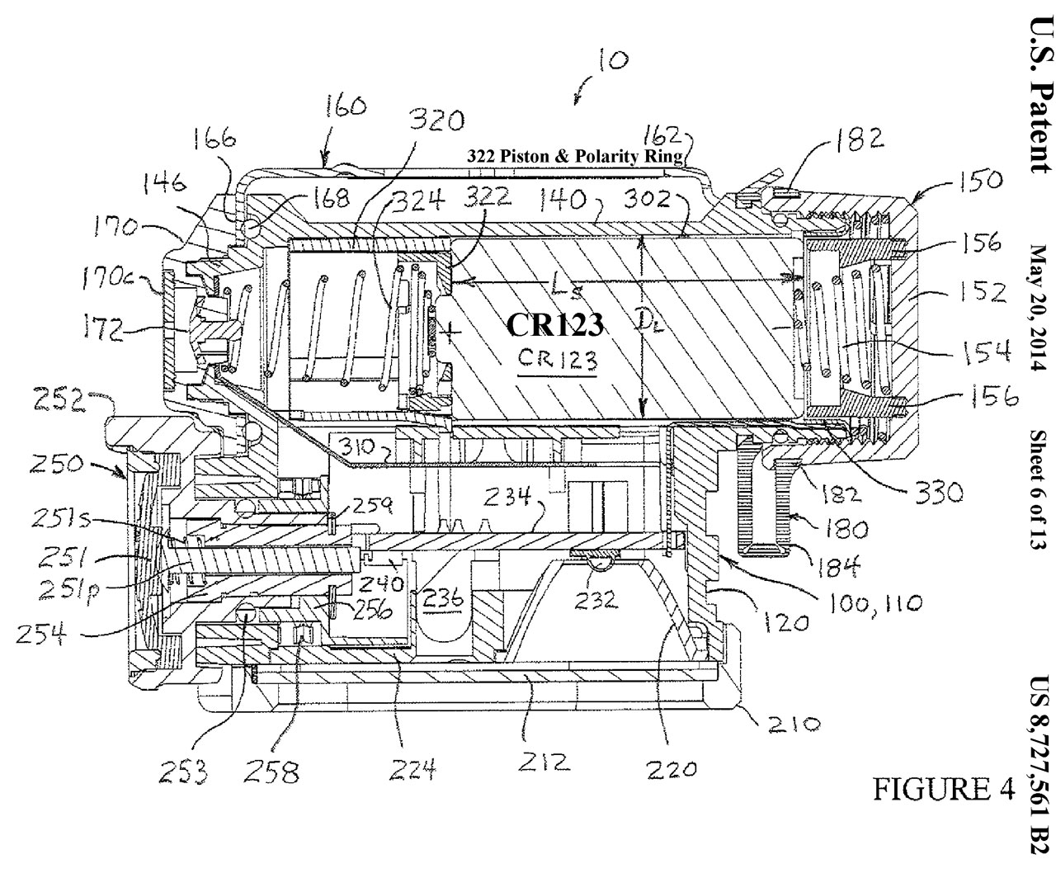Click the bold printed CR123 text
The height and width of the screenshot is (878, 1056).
pos(555,325)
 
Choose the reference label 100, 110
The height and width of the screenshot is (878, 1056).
pos(877,604)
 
